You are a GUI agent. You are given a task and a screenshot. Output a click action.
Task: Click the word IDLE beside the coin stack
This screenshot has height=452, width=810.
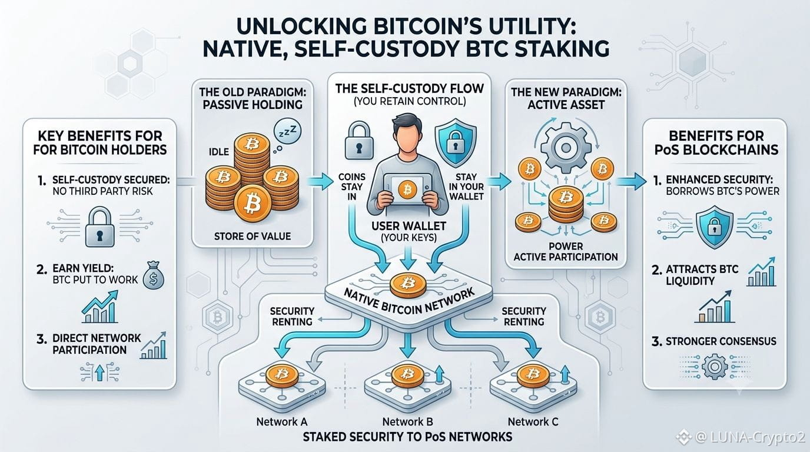[219, 151]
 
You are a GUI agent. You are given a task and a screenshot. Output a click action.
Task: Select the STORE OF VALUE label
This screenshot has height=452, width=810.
[253, 237]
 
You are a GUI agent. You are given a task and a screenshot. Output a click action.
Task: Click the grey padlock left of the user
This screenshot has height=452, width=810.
[358, 140]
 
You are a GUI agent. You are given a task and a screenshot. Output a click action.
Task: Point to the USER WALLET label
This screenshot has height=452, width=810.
[409, 227]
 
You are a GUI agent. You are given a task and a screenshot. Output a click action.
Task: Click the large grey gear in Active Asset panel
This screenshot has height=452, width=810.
[565, 148]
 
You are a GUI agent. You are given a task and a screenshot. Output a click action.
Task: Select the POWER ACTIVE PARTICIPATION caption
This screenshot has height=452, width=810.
[566, 252]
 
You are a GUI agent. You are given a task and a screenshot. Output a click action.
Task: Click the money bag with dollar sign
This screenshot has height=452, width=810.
[153, 276]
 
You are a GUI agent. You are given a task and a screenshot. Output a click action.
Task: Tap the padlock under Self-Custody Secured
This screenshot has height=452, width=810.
[100, 227]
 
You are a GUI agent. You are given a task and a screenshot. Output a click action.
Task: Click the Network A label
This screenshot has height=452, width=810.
[282, 421]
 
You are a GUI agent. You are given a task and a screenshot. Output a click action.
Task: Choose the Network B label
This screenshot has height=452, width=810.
[407, 421]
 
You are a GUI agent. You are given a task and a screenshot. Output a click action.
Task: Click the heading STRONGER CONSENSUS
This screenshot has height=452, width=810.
[721, 341]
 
